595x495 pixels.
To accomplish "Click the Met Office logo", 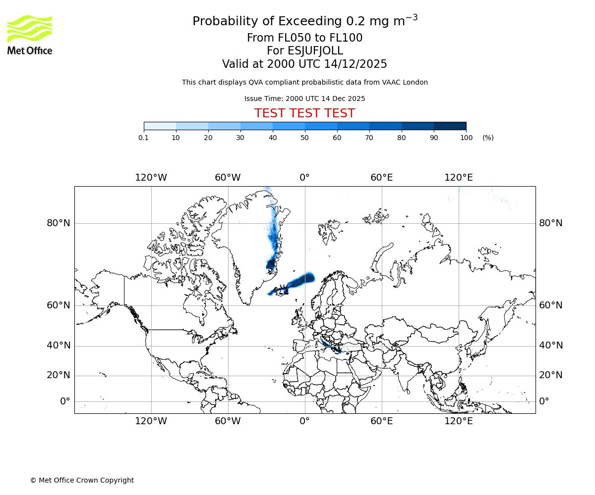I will point(30,35).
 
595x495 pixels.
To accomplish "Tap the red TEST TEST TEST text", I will point(304,113).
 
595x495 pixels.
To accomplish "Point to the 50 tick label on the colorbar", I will point(304,138).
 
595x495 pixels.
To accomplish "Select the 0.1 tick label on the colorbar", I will point(144,138).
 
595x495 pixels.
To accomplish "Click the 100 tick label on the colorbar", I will point(466,138).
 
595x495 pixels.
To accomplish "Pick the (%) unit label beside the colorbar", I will point(488,138).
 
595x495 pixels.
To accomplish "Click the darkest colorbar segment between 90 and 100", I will point(450,126).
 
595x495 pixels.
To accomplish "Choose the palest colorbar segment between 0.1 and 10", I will point(160,126).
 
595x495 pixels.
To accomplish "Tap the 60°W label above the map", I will point(228,178).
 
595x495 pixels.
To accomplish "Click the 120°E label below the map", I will point(458,421).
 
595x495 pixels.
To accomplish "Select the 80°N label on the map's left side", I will point(59,223).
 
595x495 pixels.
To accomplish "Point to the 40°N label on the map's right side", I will point(551,346).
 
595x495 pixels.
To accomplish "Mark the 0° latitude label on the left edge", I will point(65,401).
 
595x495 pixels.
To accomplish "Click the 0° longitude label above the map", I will point(304,178).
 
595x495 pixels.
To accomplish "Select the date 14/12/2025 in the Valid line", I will point(356,64).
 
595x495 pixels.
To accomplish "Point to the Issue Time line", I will point(304,99).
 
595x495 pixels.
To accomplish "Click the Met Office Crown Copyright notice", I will point(82,480).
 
